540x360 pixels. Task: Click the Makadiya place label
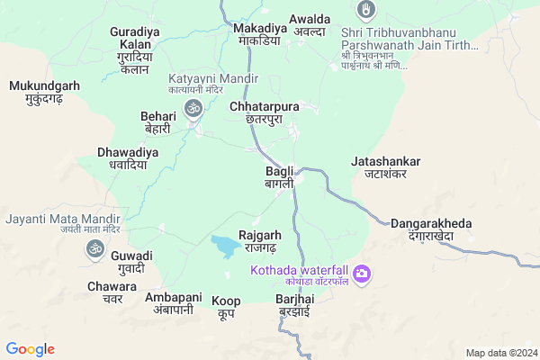(x=259, y=34)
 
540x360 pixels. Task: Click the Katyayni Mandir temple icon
(x=192, y=109)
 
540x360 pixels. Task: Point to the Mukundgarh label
(x=44, y=93)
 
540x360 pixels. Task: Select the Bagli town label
(x=279, y=177)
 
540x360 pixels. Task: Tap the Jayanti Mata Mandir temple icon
(x=95, y=247)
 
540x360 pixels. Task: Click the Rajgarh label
(x=263, y=241)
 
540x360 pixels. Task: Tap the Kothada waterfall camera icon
(x=362, y=273)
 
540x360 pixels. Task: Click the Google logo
(x=30, y=349)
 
